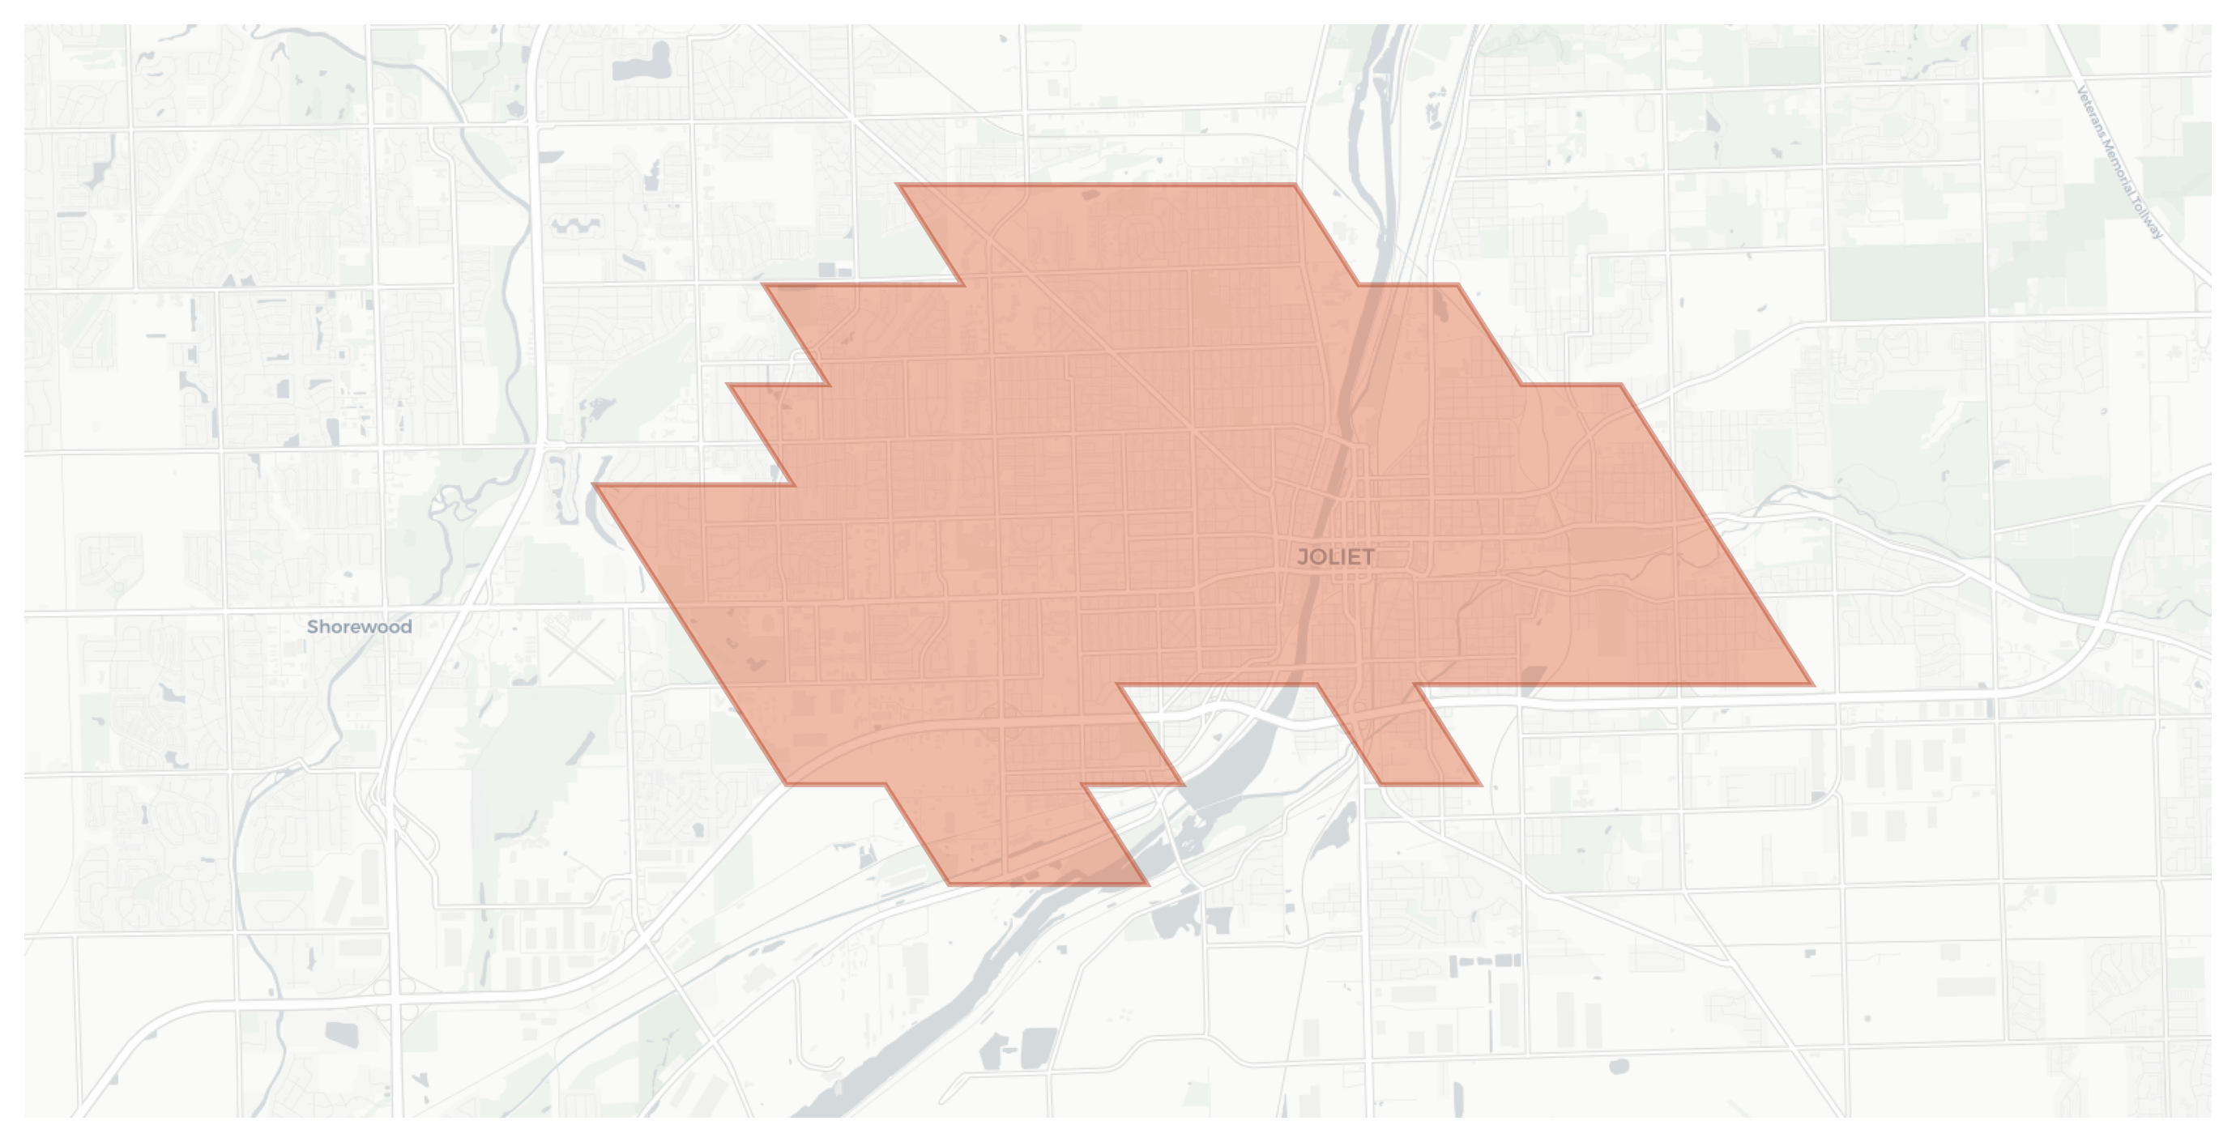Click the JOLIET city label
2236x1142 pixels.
(1335, 557)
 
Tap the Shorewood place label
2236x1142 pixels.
(360, 627)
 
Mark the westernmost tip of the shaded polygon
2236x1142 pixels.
(594, 485)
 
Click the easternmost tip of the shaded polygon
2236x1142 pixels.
(1812, 684)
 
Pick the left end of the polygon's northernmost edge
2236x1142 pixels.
(898, 185)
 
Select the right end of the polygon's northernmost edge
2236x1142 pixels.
(1295, 185)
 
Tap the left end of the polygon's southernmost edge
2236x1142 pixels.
(949, 884)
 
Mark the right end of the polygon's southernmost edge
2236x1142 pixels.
(1147, 884)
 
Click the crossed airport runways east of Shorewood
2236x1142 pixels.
(575, 646)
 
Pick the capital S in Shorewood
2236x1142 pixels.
(314, 627)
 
